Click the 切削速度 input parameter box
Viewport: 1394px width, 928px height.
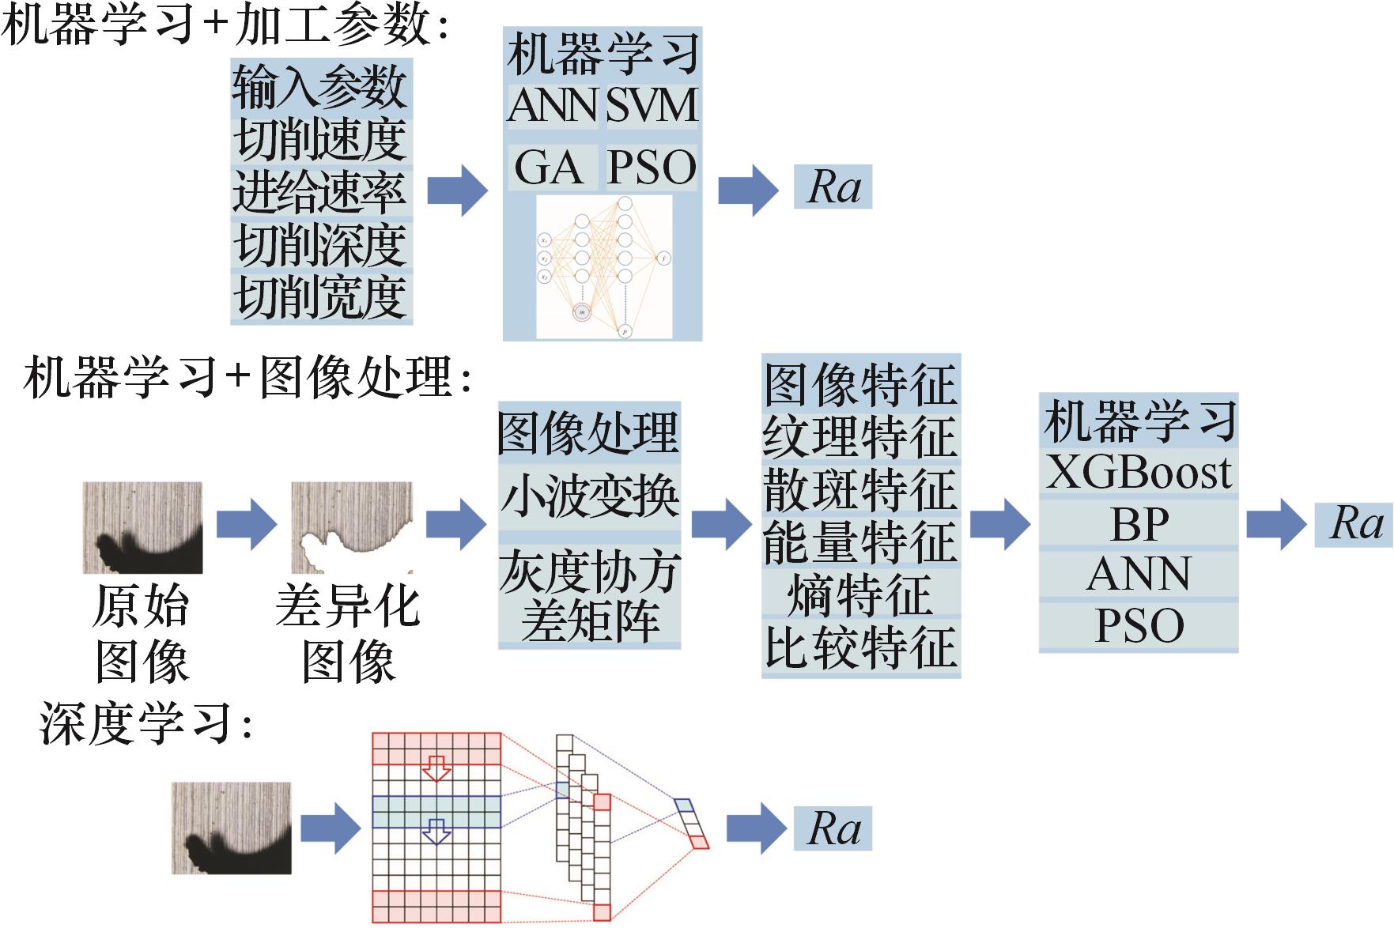click(321, 139)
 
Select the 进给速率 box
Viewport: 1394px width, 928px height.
click(321, 192)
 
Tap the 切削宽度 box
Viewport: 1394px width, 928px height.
click(321, 297)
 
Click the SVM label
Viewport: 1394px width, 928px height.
click(652, 105)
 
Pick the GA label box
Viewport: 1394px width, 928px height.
click(551, 166)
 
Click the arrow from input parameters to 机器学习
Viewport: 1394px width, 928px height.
click(457, 191)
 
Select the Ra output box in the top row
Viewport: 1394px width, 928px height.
click(833, 187)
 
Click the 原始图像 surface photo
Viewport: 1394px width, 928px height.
click(142, 527)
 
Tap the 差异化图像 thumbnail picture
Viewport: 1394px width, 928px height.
click(352, 527)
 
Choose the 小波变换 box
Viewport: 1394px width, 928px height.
click(589, 496)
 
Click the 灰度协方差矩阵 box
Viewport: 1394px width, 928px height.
click(589, 595)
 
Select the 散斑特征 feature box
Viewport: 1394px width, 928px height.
click(860, 489)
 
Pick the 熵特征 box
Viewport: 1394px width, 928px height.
click(860, 594)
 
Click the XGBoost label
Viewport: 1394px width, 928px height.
click(1138, 472)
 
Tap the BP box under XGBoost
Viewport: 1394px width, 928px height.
click(1138, 522)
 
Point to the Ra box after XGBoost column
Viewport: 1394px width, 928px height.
click(1353, 523)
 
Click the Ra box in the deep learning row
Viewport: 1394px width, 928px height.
click(833, 828)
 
